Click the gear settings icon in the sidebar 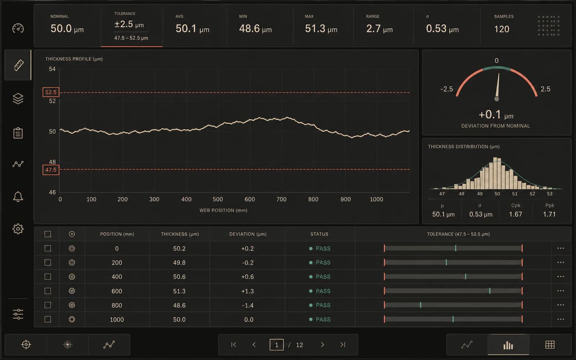(18, 229)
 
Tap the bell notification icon (18, 197)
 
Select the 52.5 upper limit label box (51, 92)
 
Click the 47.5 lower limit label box (51, 170)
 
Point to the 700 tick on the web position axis (281, 199)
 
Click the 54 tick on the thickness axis (52, 69)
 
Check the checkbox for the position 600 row (48, 291)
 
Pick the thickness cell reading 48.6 (179, 305)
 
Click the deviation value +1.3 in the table (247, 291)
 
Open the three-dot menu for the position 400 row (561, 277)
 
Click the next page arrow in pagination (322, 345)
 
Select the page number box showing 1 (276, 345)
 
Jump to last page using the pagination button (343, 345)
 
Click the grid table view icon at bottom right (550, 345)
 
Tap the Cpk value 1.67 (516, 214)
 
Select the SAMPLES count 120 (502, 29)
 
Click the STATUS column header (319, 234)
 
